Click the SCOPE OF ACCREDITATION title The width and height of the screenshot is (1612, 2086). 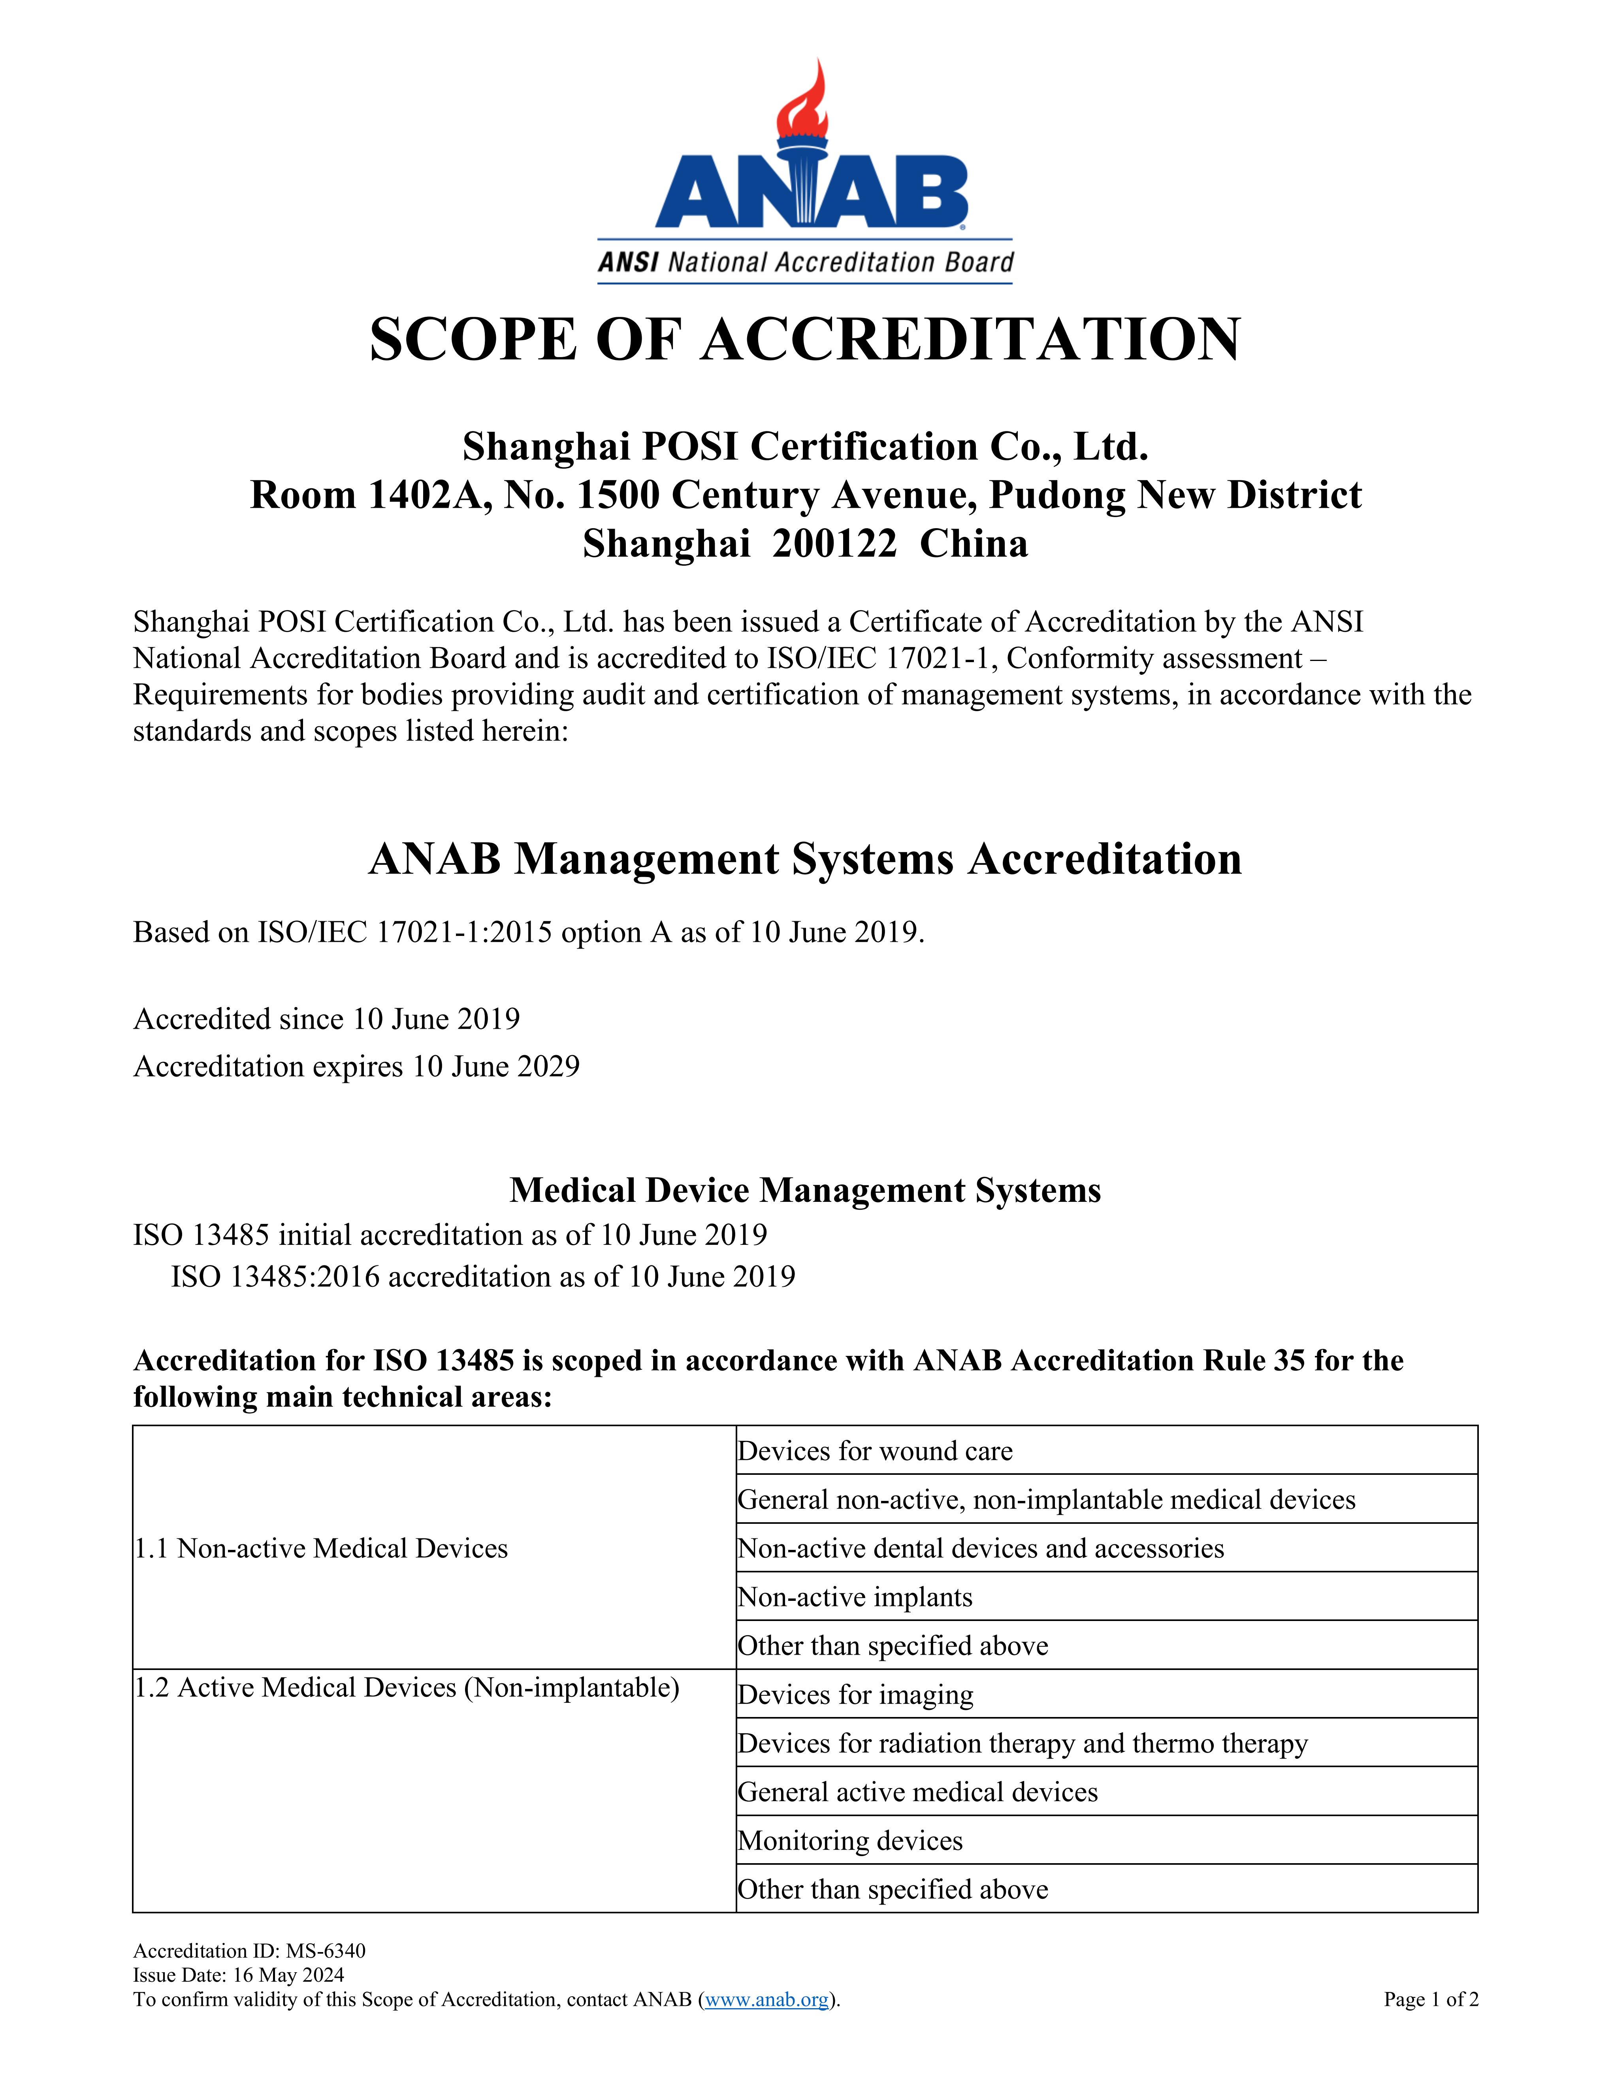(x=805, y=340)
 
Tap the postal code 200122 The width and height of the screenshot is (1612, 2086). (x=834, y=544)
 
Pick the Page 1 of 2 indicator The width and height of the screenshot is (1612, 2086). (x=1431, y=1999)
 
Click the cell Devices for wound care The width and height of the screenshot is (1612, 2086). (x=875, y=1451)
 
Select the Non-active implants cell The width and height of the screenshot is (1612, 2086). (x=855, y=1597)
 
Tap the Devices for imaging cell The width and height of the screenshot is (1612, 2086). (x=855, y=1694)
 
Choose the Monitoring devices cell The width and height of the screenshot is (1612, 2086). (x=850, y=1841)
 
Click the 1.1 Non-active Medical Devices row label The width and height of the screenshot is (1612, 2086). (x=321, y=1548)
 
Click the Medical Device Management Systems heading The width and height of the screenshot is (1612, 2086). (x=805, y=1190)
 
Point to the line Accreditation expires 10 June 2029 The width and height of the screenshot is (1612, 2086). (x=356, y=1066)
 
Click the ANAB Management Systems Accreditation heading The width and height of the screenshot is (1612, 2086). (x=805, y=858)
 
